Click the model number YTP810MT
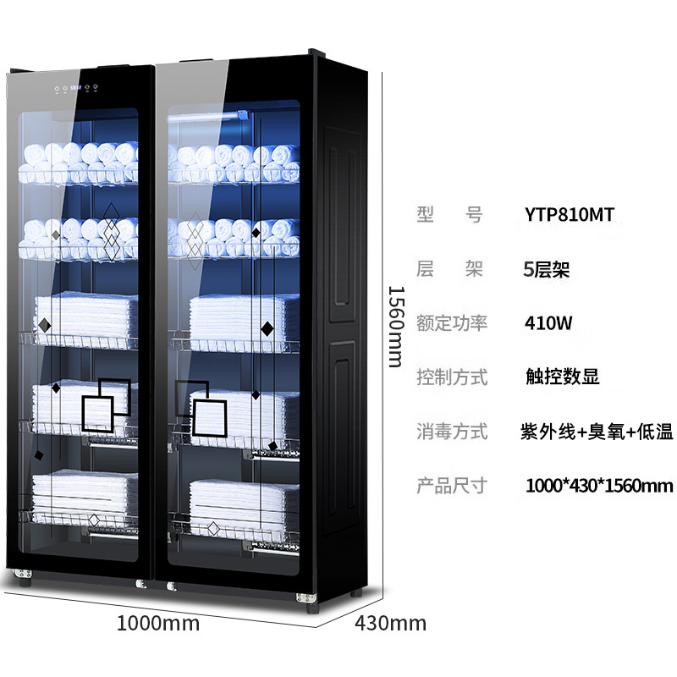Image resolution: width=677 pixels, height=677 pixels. click(569, 215)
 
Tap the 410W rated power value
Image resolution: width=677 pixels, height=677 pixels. click(548, 323)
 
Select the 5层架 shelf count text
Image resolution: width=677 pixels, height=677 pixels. click(546, 269)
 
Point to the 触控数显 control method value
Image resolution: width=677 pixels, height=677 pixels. click(562, 377)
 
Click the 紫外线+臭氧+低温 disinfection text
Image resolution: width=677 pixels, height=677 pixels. click(597, 432)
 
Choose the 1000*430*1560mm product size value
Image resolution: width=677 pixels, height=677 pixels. click(599, 486)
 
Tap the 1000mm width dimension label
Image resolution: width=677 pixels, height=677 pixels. click(158, 624)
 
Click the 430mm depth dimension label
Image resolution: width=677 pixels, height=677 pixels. click(390, 624)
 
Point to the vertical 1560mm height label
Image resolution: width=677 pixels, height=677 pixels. click(396, 327)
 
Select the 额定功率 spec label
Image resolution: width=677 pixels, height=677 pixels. click(452, 323)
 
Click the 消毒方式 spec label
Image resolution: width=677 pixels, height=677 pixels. click(452, 432)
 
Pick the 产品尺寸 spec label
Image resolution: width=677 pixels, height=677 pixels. click(452, 486)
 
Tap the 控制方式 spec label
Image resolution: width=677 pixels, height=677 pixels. click(452, 377)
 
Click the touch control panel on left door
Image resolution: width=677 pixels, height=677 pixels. click(76, 89)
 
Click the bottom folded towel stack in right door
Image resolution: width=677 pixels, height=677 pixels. click(245, 504)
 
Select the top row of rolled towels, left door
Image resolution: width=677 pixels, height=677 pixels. click(79, 162)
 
